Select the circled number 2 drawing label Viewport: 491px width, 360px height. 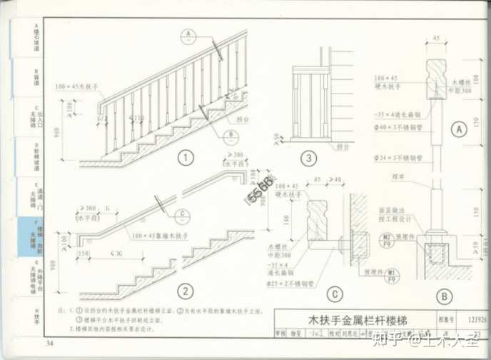point(186,291)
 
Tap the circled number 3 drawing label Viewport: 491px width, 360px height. point(308,158)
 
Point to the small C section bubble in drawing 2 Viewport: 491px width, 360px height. point(183,214)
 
